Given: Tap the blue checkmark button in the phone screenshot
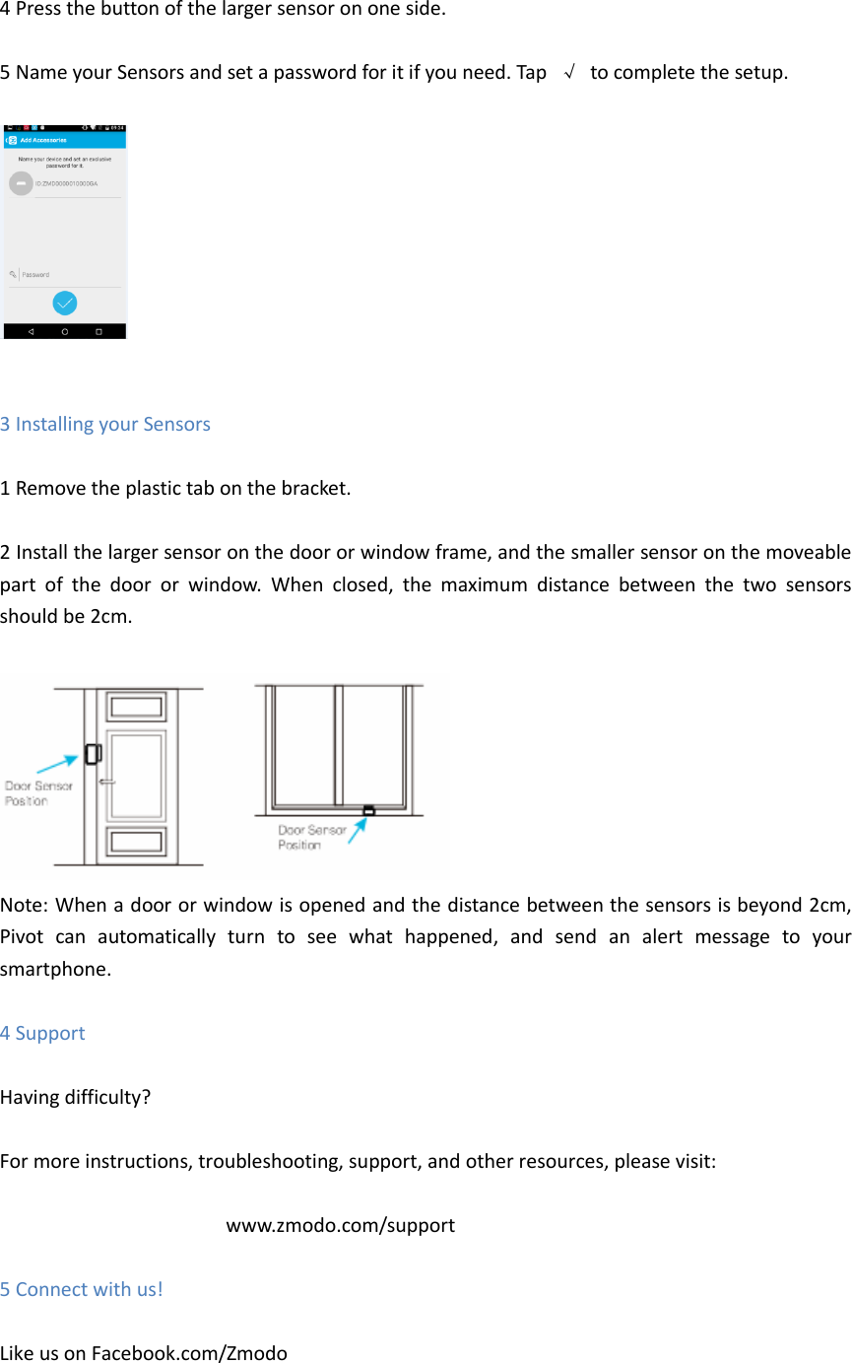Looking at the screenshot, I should [x=65, y=303].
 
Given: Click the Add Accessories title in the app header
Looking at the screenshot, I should [x=43, y=141].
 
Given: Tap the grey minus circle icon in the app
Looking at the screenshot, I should [x=20, y=183].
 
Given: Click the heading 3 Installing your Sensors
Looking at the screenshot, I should [x=105, y=424].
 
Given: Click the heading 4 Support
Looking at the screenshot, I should [x=42, y=1033].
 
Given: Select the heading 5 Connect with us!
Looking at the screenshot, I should [x=82, y=1289].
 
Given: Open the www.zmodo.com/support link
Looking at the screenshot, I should [x=340, y=1225].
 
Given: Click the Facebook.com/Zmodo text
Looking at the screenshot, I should [x=189, y=1353].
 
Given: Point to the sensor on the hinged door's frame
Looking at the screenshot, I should [x=93, y=754].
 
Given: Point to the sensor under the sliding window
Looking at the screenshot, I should [x=368, y=810].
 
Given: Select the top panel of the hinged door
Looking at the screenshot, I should [x=137, y=708].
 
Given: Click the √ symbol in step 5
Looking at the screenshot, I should [x=568, y=73].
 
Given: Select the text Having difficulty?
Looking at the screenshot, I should [x=75, y=1097].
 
